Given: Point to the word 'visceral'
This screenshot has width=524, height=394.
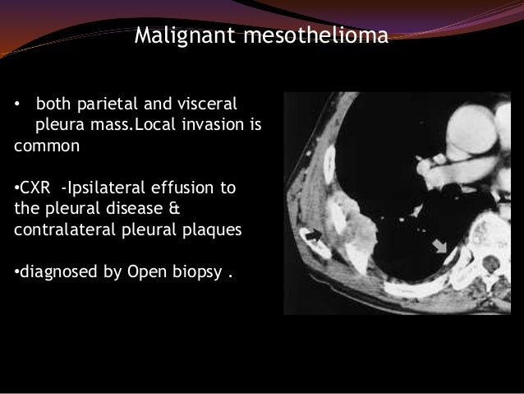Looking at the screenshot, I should point(206,106).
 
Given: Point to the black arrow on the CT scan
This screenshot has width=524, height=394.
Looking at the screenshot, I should point(314,236).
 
